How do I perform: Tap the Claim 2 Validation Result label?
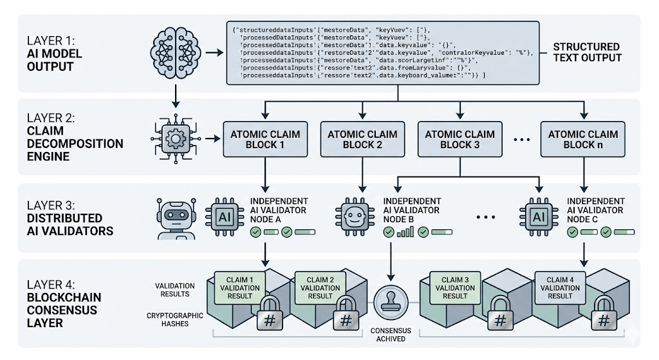coord(320,287)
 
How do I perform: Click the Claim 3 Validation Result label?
coord(455,287)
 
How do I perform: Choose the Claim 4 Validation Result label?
coord(558,287)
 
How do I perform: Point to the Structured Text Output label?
coord(586,52)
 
